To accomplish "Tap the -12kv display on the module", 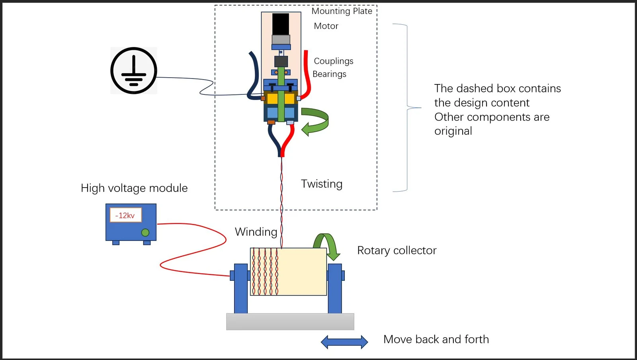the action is (125, 215).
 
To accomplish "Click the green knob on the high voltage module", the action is (145, 233).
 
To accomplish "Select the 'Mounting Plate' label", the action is (342, 11).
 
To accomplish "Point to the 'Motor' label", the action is (326, 26).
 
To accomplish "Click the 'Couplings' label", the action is (334, 61).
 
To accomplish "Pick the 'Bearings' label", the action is (329, 74).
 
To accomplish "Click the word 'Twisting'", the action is (322, 184).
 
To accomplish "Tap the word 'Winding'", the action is (256, 232).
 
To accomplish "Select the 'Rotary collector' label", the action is (397, 250).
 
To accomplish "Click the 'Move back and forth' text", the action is (436, 339).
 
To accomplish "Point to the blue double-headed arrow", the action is (344, 342).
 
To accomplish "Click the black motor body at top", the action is (281, 24).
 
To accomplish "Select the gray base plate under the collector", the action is (290, 322).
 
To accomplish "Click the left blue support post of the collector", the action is (240, 288).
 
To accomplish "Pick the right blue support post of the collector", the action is (335, 288).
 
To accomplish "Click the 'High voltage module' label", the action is (134, 188).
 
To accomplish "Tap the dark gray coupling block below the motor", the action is (281, 61).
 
